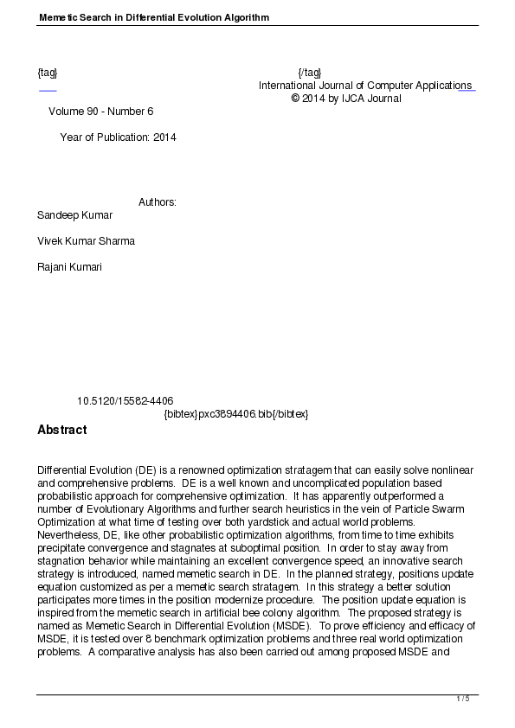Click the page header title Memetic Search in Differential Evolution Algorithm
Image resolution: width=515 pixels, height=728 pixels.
[x=153, y=17]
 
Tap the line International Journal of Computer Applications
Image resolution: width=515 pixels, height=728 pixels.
[x=364, y=86]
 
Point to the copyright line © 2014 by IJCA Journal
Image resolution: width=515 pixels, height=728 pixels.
[x=346, y=99]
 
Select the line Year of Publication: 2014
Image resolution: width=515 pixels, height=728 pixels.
[x=118, y=137]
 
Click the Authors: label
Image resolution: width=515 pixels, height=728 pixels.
[x=158, y=202]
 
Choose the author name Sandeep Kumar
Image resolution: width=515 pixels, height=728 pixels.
[x=74, y=214]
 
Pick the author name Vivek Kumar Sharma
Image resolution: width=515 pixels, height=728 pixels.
[x=86, y=240]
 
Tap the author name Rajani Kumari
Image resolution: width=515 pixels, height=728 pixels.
[x=69, y=267]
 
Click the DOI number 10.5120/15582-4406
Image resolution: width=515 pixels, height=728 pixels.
[x=125, y=401]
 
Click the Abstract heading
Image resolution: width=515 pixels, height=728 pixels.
[x=61, y=430]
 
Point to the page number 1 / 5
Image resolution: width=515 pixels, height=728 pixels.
[x=463, y=699]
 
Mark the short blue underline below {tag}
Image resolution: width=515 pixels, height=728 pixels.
[x=48, y=90]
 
